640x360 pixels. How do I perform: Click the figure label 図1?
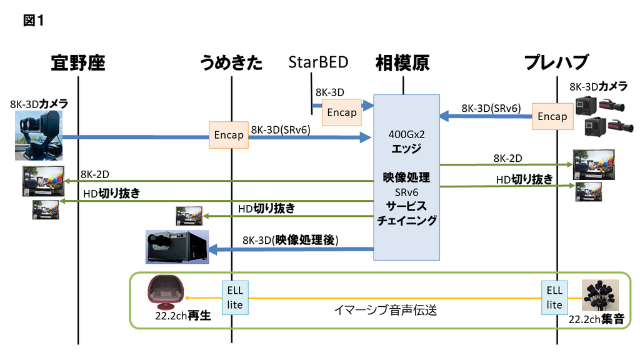[33, 20]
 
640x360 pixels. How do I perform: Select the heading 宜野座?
[78, 62]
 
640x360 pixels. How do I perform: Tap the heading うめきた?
[231, 62]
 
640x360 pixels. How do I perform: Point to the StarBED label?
[318, 62]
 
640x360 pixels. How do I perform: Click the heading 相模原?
[402, 62]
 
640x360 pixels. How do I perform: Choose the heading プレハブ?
[556, 62]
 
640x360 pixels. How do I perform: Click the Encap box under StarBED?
[342, 112]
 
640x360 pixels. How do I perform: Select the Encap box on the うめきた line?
[229, 135]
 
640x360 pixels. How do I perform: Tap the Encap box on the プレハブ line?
[552, 116]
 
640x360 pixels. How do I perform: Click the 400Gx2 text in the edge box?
[406, 134]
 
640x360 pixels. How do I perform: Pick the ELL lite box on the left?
[235, 297]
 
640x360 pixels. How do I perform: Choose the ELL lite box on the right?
[554, 297]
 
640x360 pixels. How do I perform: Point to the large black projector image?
[176, 247]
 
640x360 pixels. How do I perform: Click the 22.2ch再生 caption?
[182, 316]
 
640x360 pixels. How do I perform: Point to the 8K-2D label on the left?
[96, 173]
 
